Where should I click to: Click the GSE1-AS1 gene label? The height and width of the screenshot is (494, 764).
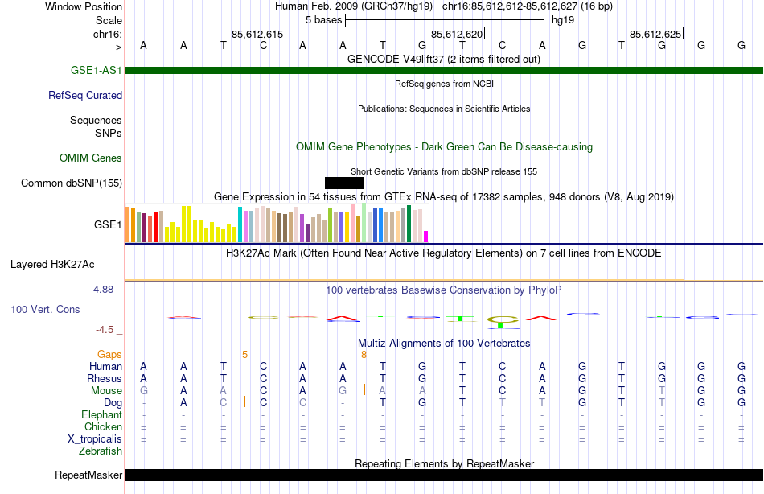(x=97, y=71)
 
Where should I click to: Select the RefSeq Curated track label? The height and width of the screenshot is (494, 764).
(x=85, y=95)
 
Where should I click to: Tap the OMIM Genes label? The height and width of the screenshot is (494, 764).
(x=91, y=158)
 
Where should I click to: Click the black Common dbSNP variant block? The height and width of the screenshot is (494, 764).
(x=344, y=183)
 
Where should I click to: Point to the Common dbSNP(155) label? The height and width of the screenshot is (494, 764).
(x=72, y=183)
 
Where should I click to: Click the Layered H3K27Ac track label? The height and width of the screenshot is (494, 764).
(x=52, y=264)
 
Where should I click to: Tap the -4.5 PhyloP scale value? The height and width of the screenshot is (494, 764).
(x=107, y=329)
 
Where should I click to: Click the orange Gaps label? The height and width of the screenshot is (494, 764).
(x=109, y=354)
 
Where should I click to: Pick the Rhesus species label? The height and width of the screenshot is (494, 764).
(x=105, y=378)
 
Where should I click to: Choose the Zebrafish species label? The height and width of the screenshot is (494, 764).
(x=101, y=451)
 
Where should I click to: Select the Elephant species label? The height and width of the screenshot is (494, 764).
(x=102, y=414)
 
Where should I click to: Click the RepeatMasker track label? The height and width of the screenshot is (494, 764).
(x=88, y=475)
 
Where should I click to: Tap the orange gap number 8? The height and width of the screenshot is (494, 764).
(x=364, y=354)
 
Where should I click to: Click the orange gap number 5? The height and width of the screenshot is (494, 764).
(x=244, y=354)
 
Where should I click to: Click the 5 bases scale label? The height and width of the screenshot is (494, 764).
(x=324, y=20)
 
